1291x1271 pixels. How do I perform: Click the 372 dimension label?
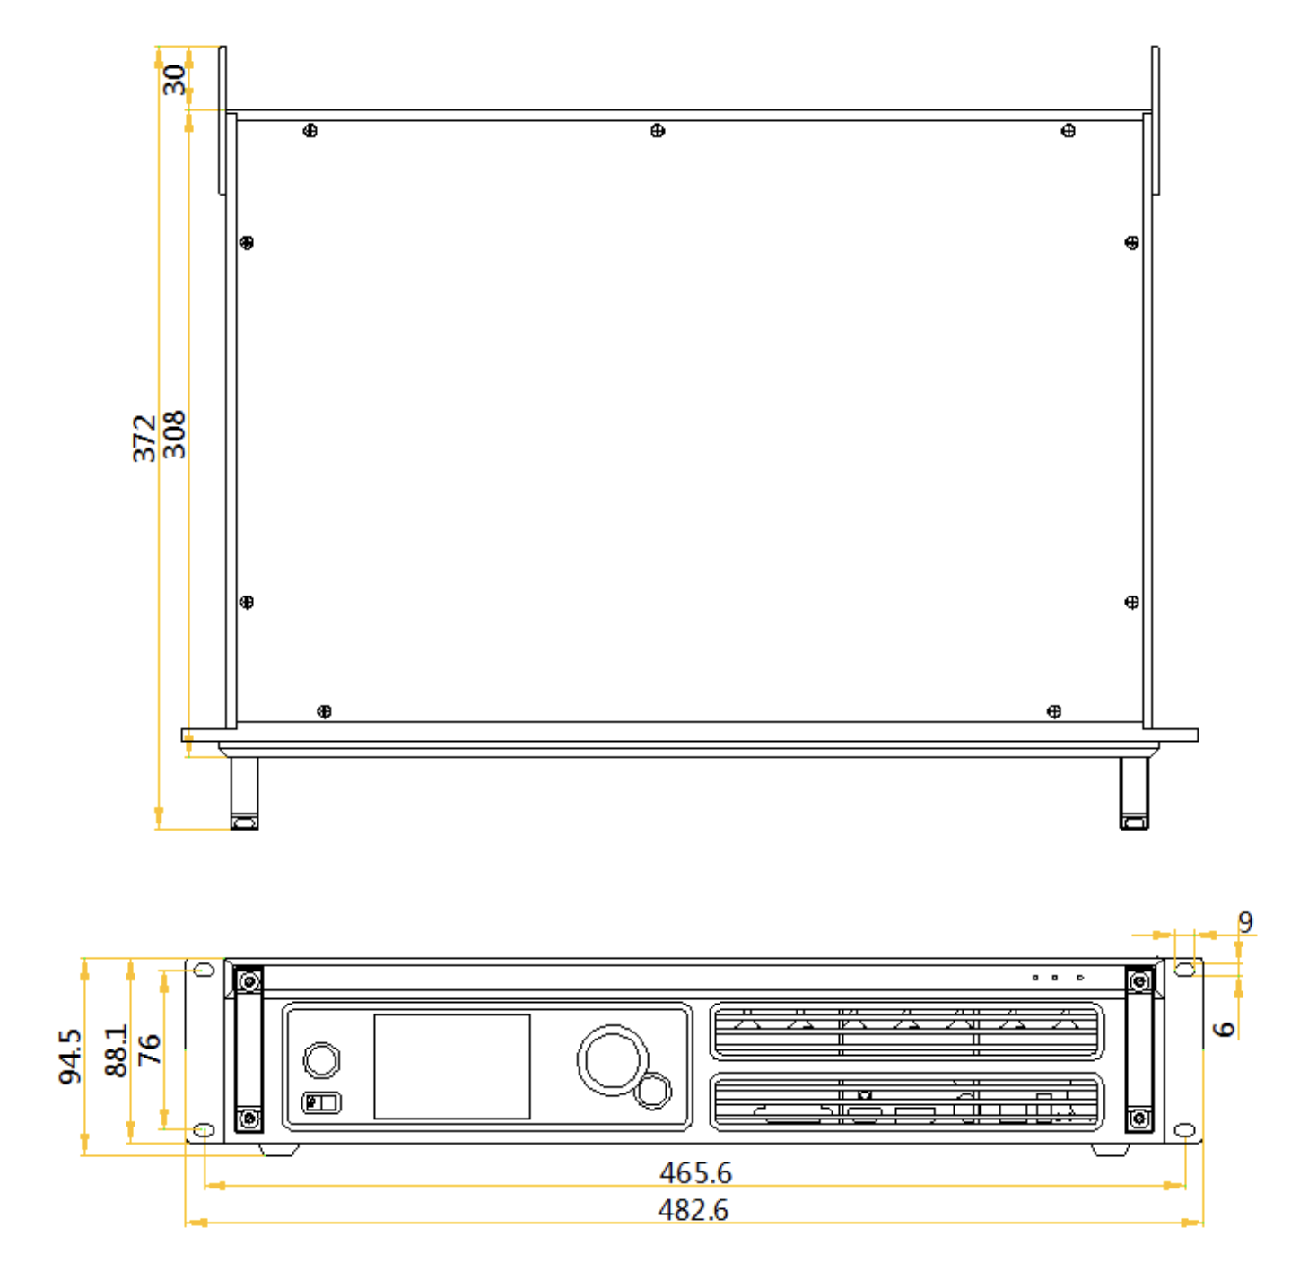(144, 439)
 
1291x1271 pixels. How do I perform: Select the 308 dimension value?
(174, 434)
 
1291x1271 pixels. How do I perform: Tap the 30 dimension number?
(174, 80)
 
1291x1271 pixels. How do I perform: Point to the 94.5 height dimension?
(70, 1057)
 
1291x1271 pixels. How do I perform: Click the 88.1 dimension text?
(116, 1050)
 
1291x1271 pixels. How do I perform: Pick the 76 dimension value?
(149, 1050)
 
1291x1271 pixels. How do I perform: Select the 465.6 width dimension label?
(695, 1173)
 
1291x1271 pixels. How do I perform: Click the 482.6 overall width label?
(693, 1211)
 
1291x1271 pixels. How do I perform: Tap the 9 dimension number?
(1245, 923)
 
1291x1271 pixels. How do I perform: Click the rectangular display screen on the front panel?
(451, 1066)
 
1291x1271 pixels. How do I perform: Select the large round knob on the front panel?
(613, 1060)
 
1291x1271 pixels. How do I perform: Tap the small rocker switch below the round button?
(321, 1102)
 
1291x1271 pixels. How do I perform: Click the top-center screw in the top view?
(658, 131)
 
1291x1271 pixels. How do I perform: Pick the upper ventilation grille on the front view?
(906, 1032)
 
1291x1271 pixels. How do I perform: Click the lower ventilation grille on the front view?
(906, 1101)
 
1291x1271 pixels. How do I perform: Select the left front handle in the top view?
(244, 793)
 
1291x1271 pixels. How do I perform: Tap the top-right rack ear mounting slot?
(1184, 969)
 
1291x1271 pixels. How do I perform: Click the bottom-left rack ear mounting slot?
(204, 1131)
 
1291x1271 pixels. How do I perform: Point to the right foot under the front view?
(1111, 1150)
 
